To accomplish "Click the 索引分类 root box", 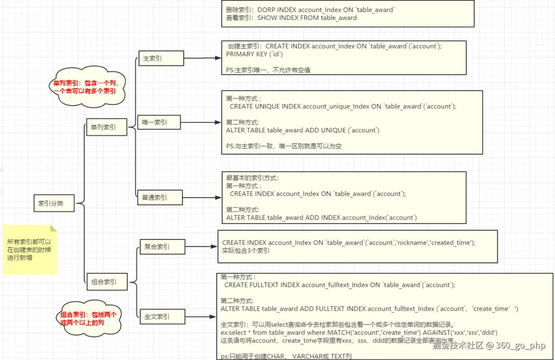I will [x=54, y=203].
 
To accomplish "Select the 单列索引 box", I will [x=107, y=127].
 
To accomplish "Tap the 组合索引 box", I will [x=107, y=282].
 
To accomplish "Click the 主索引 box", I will [x=161, y=58].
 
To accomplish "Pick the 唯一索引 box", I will [x=159, y=122].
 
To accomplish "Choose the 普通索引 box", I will [x=160, y=197].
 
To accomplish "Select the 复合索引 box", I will [x=162, y=247].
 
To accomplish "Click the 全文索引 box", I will [x=162, y=317].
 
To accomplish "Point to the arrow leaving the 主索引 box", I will [x=202, y=58].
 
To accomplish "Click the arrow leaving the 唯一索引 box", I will [x=201, y=122].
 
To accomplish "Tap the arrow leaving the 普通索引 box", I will [x=202, y=197].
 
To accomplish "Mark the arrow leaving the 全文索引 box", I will [x=200, y=317].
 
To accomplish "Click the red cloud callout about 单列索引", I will [x=87, y=87].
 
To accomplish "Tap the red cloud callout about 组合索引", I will [x=88, y=318].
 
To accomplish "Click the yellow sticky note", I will [x=30, y=250].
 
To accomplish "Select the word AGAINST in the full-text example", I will [x=435, y=332].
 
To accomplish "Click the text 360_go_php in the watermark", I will [x=520, y=345].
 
